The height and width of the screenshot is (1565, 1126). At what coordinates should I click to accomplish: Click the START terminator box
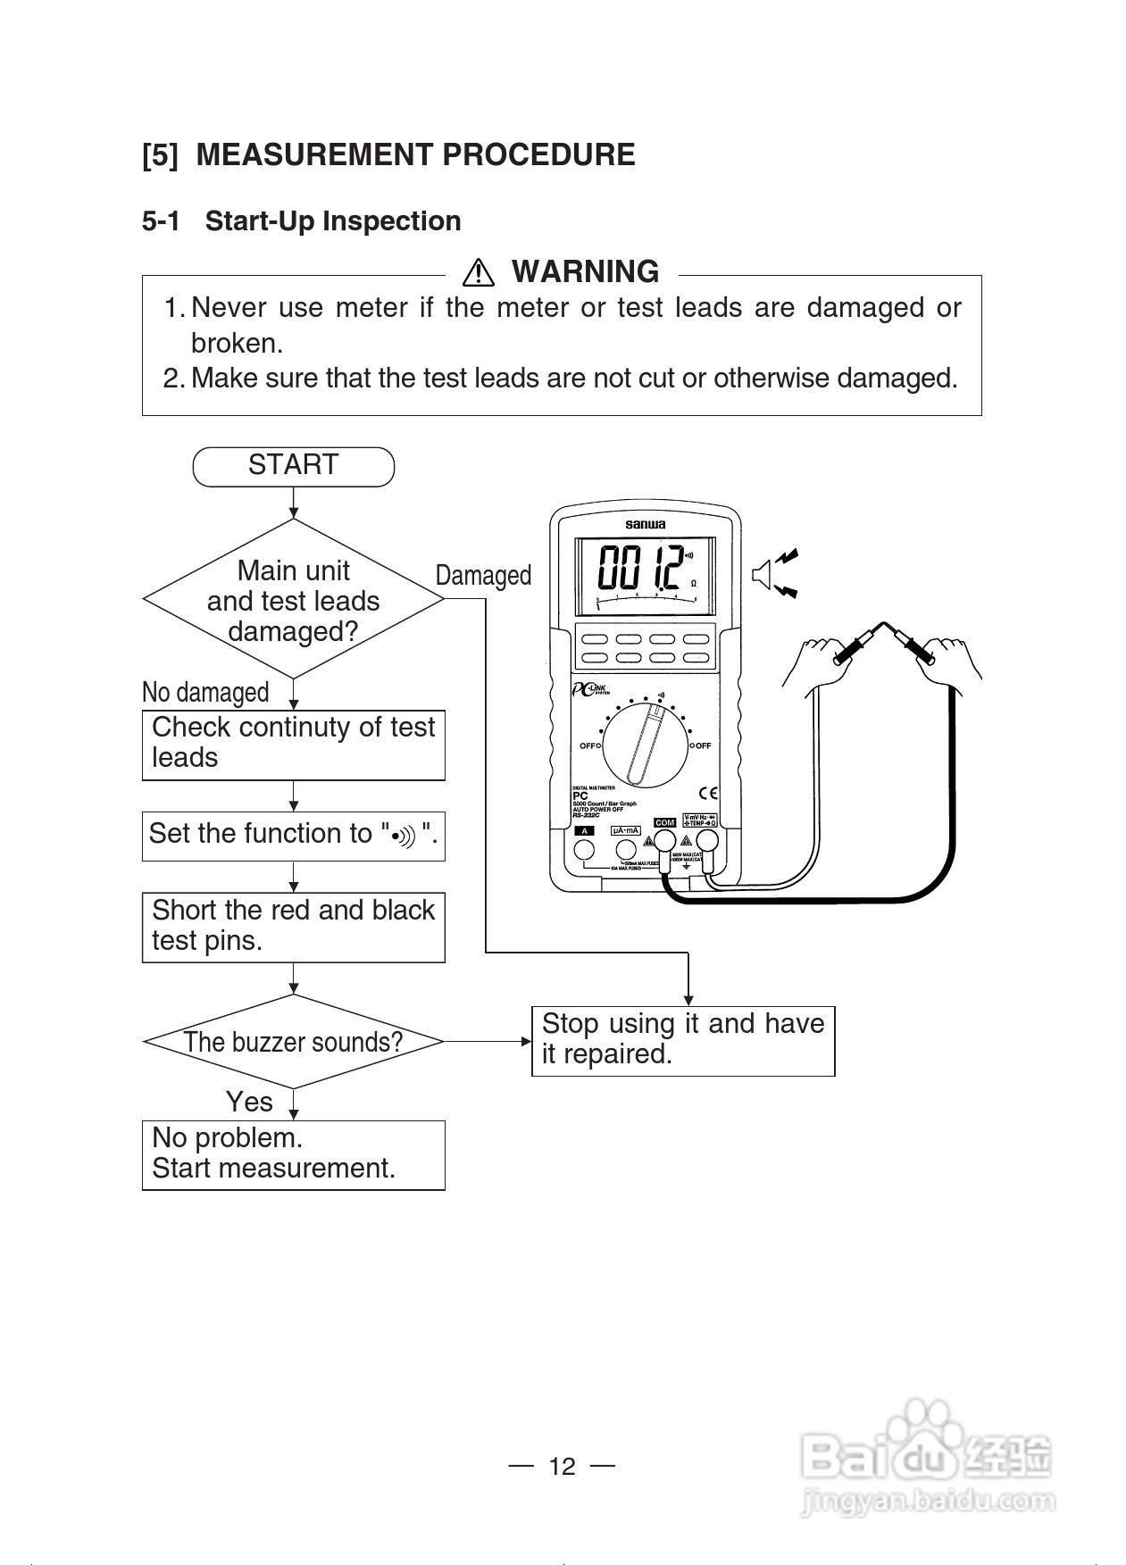click(x=293, y=466)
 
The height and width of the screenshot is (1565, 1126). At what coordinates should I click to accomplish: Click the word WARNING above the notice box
click(x=585, y=271)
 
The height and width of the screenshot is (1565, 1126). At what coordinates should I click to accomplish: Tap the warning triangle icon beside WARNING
click(x=479, y=271)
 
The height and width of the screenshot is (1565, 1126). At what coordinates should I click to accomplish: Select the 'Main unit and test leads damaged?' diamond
click(x=293, y=600)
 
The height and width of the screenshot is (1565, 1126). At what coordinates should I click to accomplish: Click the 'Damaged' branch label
click(x=483, y=576)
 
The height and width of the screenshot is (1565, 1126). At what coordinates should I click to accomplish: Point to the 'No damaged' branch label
click(x=205, y=692)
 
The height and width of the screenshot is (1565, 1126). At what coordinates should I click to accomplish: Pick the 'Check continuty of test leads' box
click(x=293, y=744)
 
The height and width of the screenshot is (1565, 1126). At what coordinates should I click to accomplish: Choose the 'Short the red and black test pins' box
click(x=293, y=926)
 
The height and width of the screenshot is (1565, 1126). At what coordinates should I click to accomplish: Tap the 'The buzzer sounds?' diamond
click(x=293, y=1041)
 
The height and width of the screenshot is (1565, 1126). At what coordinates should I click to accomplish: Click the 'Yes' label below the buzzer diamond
click(x=249, y=1102)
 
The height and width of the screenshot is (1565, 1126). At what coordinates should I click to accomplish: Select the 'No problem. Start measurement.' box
click(x=293, y=1153)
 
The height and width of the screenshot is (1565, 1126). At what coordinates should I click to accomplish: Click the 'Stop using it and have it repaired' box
click(x=682, y=1039)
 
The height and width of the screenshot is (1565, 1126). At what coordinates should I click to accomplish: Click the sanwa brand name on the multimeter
click(x=645, y=524)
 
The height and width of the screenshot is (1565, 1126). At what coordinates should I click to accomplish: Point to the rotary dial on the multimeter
click(x=646, y=745)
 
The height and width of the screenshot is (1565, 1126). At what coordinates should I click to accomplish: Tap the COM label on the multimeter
click(x=664, y=822)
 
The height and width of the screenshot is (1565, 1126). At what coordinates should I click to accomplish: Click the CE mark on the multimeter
click(x=708, y=792)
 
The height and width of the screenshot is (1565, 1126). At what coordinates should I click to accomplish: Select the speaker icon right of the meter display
click(x=763, y=574)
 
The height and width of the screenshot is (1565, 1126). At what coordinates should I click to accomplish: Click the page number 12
click(x=563, y=1466)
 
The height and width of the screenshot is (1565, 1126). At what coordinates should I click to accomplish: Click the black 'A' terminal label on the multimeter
click(x=584, y=830)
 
